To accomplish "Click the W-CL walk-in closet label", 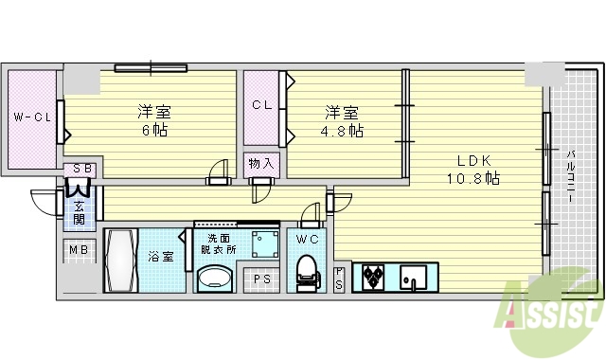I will click(x=31, y=117).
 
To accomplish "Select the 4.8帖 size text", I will click(x=343, y=131).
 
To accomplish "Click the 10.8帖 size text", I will click(x=473, y=177).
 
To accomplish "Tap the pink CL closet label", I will click(x=262, y=106).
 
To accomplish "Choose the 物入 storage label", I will click(x=261, y=163).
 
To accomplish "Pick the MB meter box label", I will click(x=79, y=251).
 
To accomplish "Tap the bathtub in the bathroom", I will click(x=122, y=261).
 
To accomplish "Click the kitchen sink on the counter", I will click(x=415, y=278).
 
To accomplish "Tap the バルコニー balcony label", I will click(x=573, y=180).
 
